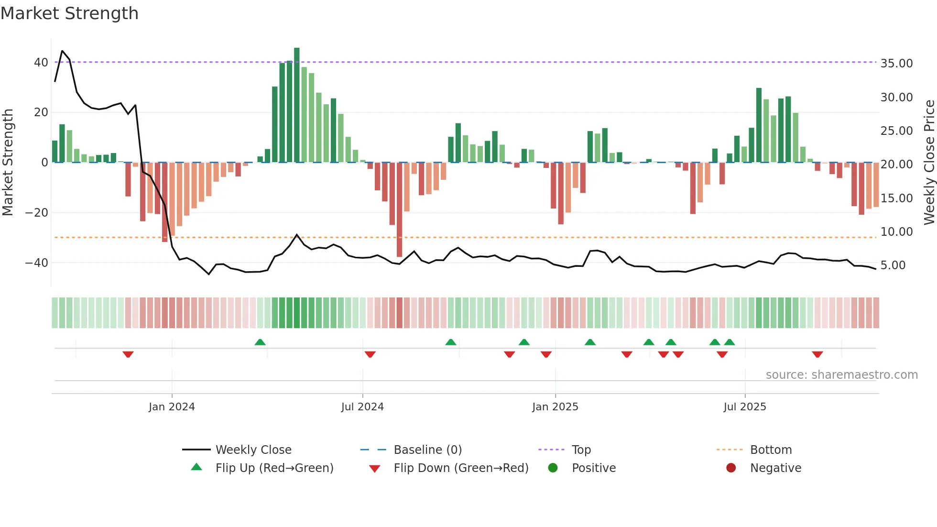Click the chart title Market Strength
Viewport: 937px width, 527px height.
coord(69,13)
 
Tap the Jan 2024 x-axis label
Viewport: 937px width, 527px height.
coord(172,407)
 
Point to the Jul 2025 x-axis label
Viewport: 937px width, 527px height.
coord(744,407)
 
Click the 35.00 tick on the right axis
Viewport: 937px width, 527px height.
coord(896,64)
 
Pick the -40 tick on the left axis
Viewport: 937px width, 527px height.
coord(37,263)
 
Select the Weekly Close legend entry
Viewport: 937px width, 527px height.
coord(253,450)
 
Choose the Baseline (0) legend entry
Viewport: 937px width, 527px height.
coord(427,450)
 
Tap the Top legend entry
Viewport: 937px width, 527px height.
coord(581,450)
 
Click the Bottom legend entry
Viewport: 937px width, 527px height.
coord(771,450)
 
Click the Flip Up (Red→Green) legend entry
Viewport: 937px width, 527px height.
coord(274,468)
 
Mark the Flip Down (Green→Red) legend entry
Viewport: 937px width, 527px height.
coord(461,468)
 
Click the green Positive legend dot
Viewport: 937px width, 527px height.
coord(553,468)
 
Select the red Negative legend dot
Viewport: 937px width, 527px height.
coord(731,468)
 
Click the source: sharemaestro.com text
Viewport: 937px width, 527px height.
coord(841,375)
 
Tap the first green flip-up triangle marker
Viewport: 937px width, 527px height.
coord(260,342)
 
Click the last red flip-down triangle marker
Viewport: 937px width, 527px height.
coord(817,354)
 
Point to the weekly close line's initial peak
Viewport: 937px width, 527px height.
coord(62,51)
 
